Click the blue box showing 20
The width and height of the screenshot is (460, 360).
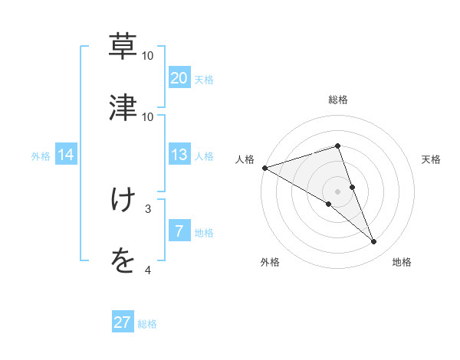(179, 78)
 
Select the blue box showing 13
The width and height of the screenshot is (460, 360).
(179, 155)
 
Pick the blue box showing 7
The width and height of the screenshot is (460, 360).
(179, 231)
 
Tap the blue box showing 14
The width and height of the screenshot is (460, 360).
(66, 155)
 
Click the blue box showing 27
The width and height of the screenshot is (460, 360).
(123, 322)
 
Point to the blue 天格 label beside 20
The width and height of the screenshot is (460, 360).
(204, 80)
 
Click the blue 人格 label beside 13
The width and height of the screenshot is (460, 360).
(204, 156)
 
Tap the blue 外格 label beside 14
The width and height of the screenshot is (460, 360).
(41, 156)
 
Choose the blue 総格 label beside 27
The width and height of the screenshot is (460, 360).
(147, 324)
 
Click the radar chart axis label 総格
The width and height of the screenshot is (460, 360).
(338, 100)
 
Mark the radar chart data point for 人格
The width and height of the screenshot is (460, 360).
(264, 167)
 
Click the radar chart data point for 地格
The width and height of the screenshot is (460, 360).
(374, 242)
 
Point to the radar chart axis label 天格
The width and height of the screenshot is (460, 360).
(432, 159)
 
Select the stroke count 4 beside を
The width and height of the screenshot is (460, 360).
(148, 270)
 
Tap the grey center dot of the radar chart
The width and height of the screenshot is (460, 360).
(338, 191)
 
